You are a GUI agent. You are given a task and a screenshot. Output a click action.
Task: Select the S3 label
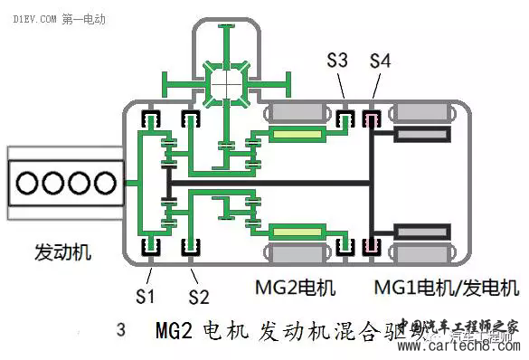(x=337, y=62)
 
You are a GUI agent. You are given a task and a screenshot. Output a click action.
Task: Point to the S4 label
(x=381, y=62)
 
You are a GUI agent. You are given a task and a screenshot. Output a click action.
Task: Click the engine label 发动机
(x=62, y=251)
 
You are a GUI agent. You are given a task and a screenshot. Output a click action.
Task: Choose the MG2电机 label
(x=295, y=289)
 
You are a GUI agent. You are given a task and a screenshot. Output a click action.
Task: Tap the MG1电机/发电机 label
(x=447, y=289)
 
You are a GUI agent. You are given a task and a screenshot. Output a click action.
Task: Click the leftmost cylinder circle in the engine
(x=28, y=183)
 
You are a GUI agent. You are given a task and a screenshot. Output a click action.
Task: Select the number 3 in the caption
(x=121, y=329)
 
